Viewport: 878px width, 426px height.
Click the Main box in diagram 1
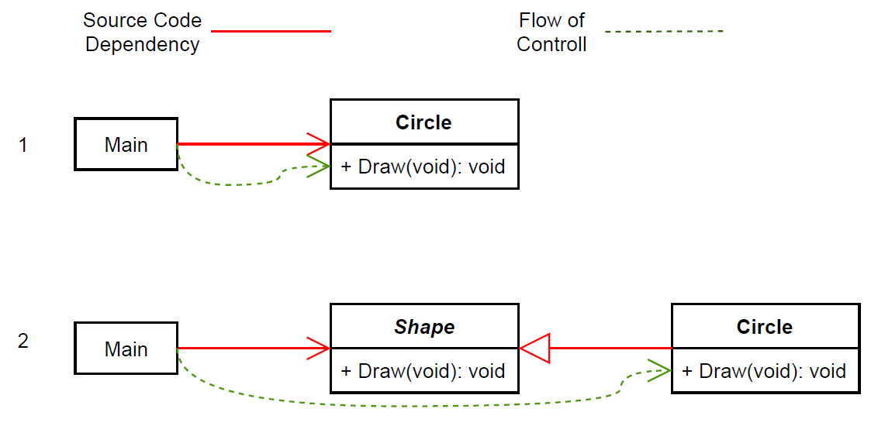coord(126,144)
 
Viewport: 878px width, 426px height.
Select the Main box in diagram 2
coord(126,349)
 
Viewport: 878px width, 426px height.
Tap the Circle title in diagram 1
coord(423,122)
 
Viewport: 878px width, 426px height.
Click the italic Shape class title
coord(424,327)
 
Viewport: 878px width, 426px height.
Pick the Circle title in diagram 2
coord(765,327)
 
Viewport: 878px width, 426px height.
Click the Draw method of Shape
coord(423,370)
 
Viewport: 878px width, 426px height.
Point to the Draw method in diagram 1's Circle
coord(423,166)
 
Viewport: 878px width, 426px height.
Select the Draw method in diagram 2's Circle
coord(765,370)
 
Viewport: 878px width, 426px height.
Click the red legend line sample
coord(271,31)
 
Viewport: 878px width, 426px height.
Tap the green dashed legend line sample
coord(664,32)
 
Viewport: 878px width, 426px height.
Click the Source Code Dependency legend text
coord(142,33)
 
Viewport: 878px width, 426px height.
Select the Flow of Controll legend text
coord(551,33)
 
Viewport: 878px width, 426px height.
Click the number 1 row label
coord(23,145)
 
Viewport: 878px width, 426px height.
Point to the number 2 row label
coord(23,341)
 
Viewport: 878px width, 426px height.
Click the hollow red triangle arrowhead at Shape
coord(534,349)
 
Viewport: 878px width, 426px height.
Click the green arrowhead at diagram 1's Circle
coord(319,166)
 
